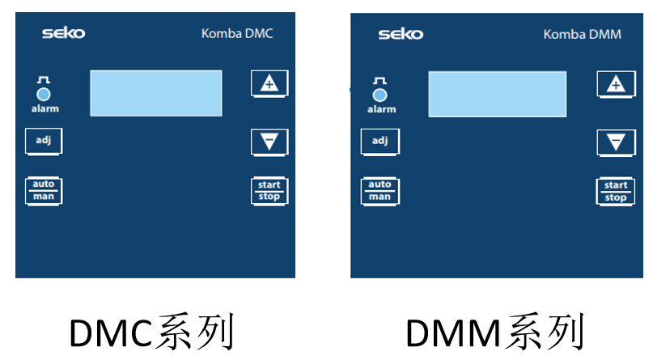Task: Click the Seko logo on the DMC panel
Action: click(x=63, y=33)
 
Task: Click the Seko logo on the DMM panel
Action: click(x=400, y=34)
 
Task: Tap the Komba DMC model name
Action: click(x=237, y=34)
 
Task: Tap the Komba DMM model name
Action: click(x=583, y=35)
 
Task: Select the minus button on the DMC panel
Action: click(x=269, y=142)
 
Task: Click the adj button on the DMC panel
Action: click(x=43, y=141)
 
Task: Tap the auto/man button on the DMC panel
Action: click(x=43, y=190)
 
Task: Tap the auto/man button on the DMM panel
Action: click(x=380, y=191)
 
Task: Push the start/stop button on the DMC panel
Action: click(x=269, y=191)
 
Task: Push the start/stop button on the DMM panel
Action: click(x=616, y=192)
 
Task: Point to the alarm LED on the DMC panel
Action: click(x=44, y=94)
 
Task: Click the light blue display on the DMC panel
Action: click(x=155, y=93)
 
